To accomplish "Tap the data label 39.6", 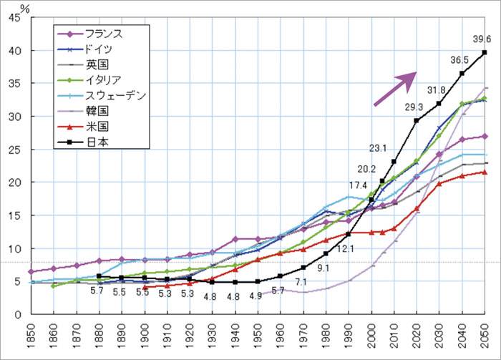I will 482,39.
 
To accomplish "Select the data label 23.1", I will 378,148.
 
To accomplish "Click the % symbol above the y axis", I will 24,8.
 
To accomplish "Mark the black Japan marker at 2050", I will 485,52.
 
